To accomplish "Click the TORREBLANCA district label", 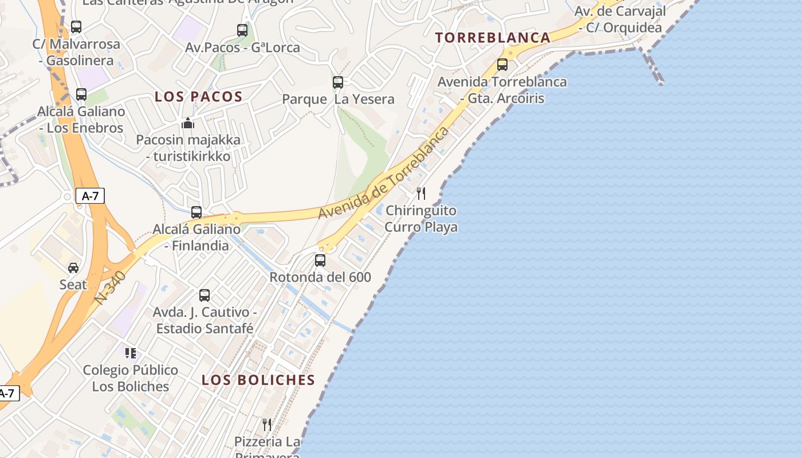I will [493, 38].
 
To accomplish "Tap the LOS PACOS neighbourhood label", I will [199, 97].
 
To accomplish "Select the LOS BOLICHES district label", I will [258, 380].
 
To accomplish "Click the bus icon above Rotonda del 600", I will [320, 260].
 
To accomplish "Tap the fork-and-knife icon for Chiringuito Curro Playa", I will [421, 194].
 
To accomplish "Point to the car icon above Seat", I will [73, 267].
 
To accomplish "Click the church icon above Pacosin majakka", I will [188, 123].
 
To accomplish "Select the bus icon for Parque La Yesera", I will [338, 82].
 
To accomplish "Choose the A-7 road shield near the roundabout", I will [90, 196].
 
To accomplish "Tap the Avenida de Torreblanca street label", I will [384, 173].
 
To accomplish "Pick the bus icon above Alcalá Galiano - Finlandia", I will [196, 212].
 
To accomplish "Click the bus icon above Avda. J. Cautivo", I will [205, 295].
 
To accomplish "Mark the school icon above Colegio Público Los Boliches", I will [131, 353].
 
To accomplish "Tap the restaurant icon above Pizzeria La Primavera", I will [267, 424].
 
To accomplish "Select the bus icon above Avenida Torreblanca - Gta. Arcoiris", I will [502, 65].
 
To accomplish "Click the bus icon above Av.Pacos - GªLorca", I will [242, 30].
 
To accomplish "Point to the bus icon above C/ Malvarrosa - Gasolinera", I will [76, 27].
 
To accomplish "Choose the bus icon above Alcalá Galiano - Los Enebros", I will [81, 94].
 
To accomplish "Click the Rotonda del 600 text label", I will [320, 278].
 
